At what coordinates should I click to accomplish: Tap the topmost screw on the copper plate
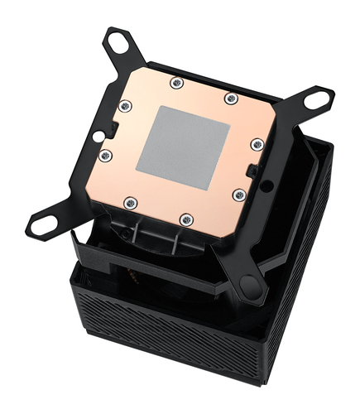175,83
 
